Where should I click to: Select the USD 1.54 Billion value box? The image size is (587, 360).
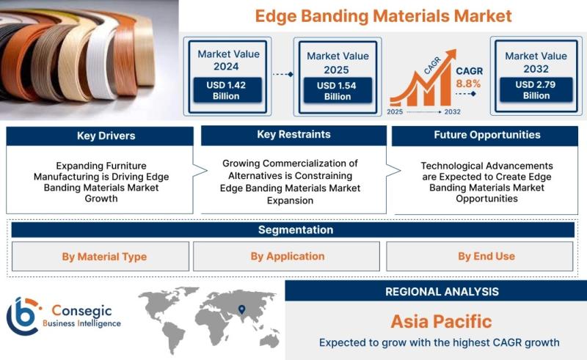click(x=338, y=91)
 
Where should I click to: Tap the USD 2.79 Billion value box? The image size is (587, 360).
click(x=536, y=89)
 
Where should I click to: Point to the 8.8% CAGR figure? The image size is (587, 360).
click(x=468, y=84)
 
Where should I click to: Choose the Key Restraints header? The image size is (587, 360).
click(x=294, y=135)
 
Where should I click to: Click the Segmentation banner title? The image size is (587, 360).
click(x=296, y=229)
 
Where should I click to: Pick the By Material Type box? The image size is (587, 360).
click(x=101, y=257)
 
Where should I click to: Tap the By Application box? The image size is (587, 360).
click(x=286, y=257)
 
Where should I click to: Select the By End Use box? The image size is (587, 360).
click(x=480, y=257)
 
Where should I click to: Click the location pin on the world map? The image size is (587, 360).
click(x=242, y=309)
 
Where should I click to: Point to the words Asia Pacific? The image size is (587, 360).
click(x=442, y=321)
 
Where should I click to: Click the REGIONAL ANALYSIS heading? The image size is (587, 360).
click(x=442, y=292)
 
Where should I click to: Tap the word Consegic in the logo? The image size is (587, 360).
click(x=82, y=311)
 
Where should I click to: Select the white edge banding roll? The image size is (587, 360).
click(x=101, y=64)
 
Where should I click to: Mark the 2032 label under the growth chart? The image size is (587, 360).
click(x=452, y=112)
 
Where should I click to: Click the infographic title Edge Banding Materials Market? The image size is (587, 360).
click(x=383, y=16)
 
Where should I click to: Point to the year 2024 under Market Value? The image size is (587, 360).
click(x=226, y=67)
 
